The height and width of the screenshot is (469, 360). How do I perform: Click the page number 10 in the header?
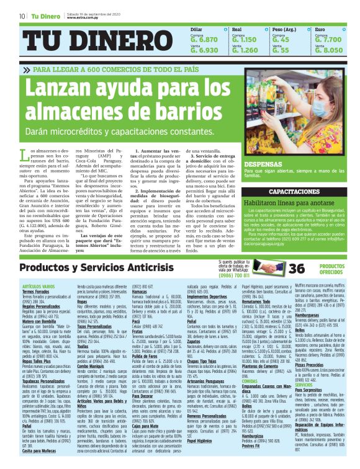(22, 16)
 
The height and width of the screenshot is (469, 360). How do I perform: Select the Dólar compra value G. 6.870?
(204, 39)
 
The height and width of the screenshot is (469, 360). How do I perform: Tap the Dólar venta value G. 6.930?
(204, 50)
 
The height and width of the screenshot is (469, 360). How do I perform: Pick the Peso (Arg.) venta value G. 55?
(285, 50)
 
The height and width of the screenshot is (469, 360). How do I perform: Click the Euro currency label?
(320, 29)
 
